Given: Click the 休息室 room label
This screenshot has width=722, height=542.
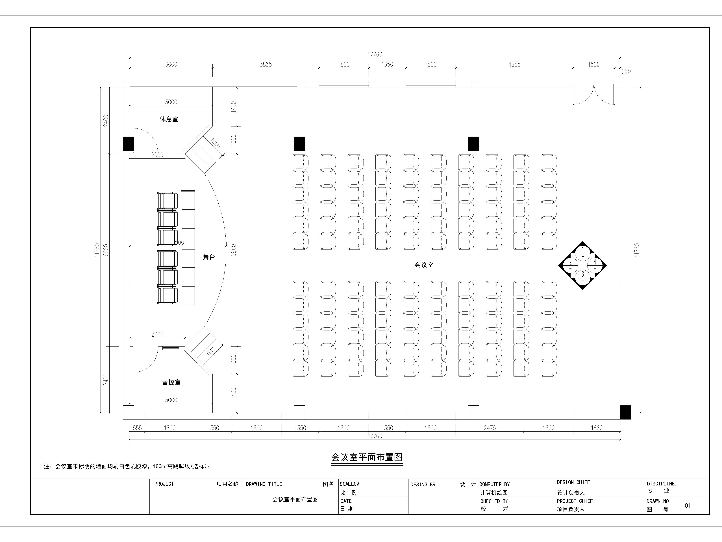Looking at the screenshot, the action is click(x=169, y=119).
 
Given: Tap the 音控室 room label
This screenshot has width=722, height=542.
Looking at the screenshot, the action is click(x=171, y=382).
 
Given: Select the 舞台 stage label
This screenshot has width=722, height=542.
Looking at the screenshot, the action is click(x=209, y=257).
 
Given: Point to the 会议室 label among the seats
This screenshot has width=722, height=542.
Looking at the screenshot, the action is click(x=424, y=265).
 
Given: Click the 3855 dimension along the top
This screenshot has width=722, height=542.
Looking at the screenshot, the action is click(x=266, y=64).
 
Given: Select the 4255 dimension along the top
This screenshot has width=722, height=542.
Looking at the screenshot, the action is click(x=514, y=64).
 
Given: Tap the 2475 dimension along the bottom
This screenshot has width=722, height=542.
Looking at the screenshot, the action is click(x=490, y=428).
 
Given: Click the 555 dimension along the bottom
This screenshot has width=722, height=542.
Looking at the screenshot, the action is click(x=137, y=428).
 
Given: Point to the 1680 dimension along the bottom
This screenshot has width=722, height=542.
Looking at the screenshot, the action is click(x=597, y=428).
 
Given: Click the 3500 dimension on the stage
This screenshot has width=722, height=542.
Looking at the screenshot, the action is click(x=178, y=242).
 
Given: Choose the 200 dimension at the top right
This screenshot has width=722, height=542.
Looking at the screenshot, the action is click(x=626, y=72).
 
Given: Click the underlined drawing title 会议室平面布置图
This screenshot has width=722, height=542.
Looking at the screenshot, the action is click(x=367, y=457).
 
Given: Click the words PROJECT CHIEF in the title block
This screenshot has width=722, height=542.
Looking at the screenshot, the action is click(x=575, y=501).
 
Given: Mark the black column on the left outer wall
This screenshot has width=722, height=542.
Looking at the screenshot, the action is click(x=129, y=143).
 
